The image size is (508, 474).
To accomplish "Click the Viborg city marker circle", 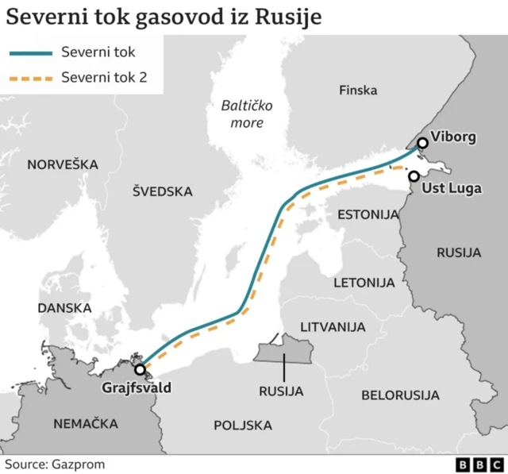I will click(422, 143).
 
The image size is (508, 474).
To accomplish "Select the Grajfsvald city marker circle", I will click(140, 370).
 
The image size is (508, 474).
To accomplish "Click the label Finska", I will click(358, 91).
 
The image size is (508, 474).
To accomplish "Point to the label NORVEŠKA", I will click(63, 164).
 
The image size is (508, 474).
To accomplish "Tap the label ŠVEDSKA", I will click(162, 191).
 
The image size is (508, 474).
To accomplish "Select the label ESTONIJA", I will click(368, 215).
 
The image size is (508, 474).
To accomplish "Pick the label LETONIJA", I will click(364, 282).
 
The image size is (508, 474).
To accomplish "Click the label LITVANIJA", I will click(333, 326).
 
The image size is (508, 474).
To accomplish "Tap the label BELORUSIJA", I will click(400, 395).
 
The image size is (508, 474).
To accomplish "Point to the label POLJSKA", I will click(243, 426).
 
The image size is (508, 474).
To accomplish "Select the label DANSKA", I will click(64, 307).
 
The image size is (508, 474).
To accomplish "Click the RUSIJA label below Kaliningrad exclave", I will click(282, 391).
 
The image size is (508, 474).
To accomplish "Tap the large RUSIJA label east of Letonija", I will click(459, 252).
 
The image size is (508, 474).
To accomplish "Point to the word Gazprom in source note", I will click(79, 464).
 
